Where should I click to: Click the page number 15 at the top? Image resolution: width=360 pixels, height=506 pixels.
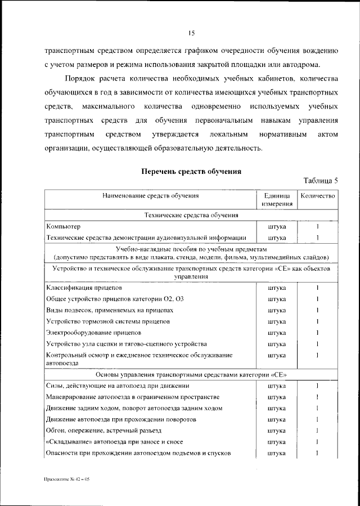(191, 33)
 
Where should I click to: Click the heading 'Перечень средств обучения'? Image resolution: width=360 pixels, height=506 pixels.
(191, 171)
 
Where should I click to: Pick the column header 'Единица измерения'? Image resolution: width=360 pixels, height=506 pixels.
(276, 200)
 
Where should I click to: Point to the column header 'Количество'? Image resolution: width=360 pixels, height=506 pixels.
(318, 196)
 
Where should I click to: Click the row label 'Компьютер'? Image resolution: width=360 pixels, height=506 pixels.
(64, 226)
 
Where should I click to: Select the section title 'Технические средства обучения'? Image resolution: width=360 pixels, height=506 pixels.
(191, 215)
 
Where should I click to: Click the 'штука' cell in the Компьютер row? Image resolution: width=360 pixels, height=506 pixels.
(276, 226)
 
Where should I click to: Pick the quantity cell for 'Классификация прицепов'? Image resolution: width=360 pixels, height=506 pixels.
(318, 288)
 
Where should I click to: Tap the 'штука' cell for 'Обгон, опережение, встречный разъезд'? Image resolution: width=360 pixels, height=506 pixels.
(276, 431)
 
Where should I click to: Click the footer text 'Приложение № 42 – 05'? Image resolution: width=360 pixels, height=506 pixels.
(66, 478)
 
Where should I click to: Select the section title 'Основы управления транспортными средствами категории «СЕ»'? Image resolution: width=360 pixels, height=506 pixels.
(191, 374)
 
